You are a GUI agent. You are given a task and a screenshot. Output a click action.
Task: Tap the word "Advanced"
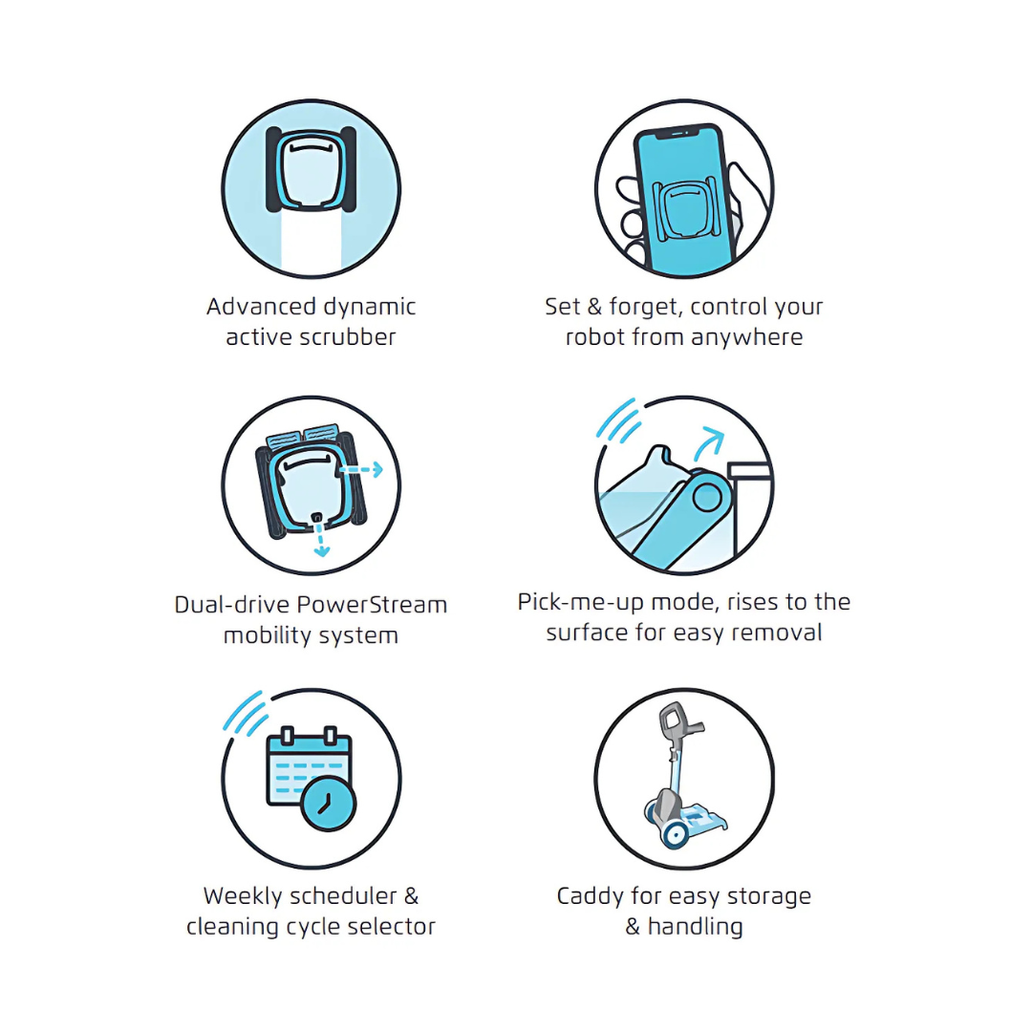coord(261,307)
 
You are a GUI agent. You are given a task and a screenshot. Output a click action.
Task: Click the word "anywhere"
coord(746,338)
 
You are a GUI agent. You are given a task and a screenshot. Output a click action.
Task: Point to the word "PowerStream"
coord(372,605)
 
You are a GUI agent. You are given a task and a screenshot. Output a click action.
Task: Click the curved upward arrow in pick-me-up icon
coord(708,443)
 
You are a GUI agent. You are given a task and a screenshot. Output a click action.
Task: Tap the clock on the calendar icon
coord(328,804)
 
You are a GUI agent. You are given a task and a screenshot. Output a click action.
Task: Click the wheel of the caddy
coord(674,834)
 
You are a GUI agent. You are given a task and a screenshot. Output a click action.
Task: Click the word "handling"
coord(695,927)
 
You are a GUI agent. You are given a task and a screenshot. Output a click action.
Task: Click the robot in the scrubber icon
coord(312,169)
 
